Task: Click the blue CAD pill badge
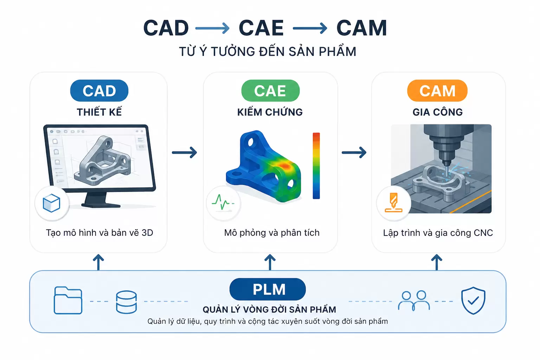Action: [x=99, y=91]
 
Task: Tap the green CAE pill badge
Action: [x=270, y=91]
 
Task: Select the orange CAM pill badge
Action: [x=437, y=91]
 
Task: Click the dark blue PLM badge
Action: [x=268, y=289]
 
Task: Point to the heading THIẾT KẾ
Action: [x=99, y=112]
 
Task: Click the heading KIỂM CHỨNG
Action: [x=270, y=112]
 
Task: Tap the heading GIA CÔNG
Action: [x=438, y=112]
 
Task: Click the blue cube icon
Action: [x=51, y=203]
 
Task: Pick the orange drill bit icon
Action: [x=393, y=202]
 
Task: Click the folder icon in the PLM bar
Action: [x=68, y=300]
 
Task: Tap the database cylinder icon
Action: [x=126, y=302]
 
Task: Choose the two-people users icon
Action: [x=414, y=301]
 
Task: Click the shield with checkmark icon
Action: [x=473, y=301]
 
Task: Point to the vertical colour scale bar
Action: [x=316, y=166]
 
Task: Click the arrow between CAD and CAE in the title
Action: [x=212, y=28]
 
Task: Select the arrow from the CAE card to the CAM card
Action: [x=354, y=152]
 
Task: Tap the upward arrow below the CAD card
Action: [x=98, y=262]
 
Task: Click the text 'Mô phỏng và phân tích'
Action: [x=272, y=233]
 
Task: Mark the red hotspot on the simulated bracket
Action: [x=285, y=166]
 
